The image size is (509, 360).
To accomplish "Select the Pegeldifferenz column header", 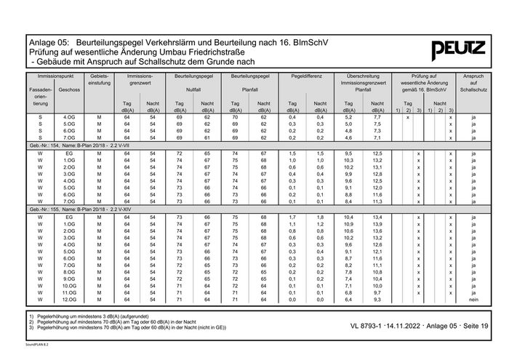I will click(306, 76).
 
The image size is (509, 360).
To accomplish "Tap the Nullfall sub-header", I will click(193, 89).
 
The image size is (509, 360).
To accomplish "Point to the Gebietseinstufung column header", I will click(100, 80).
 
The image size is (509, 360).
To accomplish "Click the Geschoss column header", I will click(70, 89).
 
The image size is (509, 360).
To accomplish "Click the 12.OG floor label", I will click(70, 299).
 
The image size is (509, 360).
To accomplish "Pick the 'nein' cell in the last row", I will click(473, 299).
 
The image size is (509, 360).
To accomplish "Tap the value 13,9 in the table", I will click(377, 223).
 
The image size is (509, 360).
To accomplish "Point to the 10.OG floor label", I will click(70, 285).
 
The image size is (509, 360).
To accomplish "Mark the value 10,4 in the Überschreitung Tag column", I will click(349, 217).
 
